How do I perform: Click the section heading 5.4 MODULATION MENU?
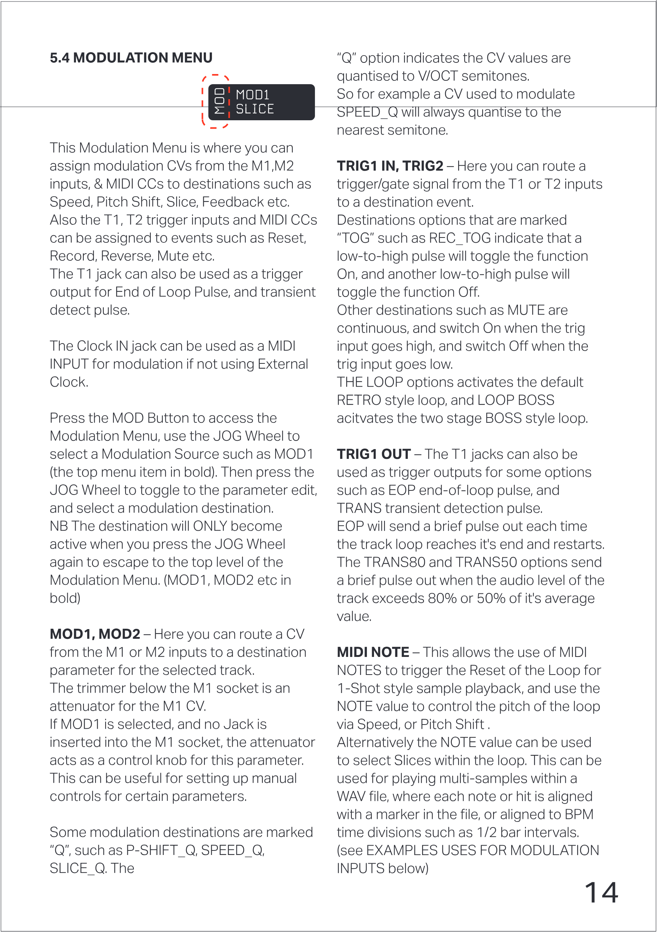131,58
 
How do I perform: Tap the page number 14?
601,893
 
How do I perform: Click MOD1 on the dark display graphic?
253,95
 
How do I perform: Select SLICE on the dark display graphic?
254,109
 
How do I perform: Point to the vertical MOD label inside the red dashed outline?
219,101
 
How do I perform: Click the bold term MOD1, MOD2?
95,634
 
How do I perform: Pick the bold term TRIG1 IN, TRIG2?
390,166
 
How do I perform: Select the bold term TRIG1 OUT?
374,454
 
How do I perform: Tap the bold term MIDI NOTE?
373,652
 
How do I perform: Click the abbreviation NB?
59,526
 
